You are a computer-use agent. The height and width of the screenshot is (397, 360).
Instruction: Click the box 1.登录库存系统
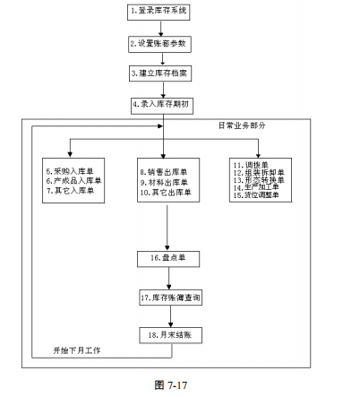[159, 13]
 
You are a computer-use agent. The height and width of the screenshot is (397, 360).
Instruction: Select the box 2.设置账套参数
[159, 44]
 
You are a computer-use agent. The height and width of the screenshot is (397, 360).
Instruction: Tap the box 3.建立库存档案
[160, 73]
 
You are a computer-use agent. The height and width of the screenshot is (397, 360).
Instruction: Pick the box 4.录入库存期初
[162, 106]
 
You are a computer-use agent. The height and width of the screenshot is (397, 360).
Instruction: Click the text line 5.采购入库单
[70, 171]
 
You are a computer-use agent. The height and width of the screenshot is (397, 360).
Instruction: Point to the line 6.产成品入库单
[73, 181]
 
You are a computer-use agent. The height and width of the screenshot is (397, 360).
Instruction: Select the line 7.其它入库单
[70, 191]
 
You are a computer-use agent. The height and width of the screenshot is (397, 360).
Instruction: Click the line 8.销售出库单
[164, 172]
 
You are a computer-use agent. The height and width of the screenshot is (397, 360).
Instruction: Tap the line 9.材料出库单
[164, 182]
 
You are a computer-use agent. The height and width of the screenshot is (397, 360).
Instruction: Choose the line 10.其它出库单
[166, 193]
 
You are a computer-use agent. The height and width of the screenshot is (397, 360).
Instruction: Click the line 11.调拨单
[251, 165]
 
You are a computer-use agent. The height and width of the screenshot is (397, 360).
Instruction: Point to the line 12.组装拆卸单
[259, 173]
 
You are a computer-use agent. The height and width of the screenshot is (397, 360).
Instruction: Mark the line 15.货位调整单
[256, 195]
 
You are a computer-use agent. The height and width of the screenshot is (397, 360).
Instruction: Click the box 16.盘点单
[168, 259]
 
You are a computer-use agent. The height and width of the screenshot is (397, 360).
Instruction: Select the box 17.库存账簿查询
[170, 298]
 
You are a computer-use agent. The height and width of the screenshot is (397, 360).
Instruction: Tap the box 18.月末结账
[170, 335]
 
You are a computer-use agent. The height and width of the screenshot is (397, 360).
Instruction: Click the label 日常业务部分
[242, 125]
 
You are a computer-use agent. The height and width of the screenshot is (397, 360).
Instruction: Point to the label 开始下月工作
[77, 350]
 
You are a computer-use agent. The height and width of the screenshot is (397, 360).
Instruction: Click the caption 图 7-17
[171, 385]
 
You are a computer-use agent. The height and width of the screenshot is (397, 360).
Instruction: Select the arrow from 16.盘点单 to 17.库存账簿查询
[169, 278]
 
